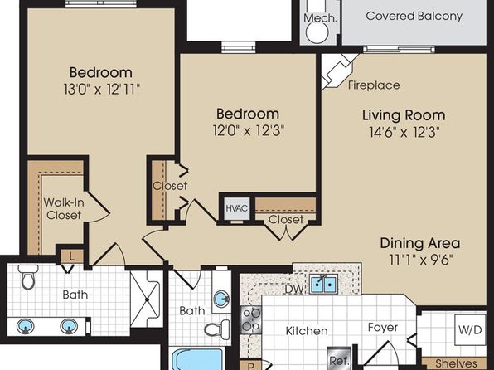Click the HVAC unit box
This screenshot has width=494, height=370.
(x=237, y=208)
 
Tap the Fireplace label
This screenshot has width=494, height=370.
(x=374, y=85)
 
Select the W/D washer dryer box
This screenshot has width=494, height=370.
(x=470, y=330)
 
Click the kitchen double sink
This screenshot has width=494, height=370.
(x=323, y=284)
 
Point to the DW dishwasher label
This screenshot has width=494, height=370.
(x=294, y=289)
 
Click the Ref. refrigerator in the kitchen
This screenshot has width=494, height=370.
(x=339, y=358)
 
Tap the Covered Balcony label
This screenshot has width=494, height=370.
(x=414, y=16)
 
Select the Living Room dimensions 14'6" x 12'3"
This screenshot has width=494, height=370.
(x=404, y=132)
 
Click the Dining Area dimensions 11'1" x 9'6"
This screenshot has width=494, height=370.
(x=421, y=260)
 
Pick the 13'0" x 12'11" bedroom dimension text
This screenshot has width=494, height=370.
(x=101, y=90)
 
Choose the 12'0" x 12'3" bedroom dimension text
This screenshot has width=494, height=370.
(x=249, y=130)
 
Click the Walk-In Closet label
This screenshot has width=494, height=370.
(x=64, y=208)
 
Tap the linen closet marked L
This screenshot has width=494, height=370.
(x=72, y=256)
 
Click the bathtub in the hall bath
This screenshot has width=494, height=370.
(x=198, y=359)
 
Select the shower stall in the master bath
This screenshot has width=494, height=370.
(x=147, y=299)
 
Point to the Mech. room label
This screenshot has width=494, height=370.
(x=320, y=18)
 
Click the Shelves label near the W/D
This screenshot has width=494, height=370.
(x=456, y=363)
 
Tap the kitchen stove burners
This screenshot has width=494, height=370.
(x=251, y=319)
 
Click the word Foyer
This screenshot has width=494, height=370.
(x=383, y=328)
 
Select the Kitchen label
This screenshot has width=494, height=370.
(x=307, y=331)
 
